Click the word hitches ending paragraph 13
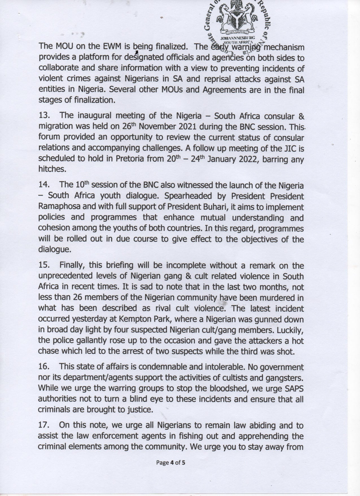[51, 169]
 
